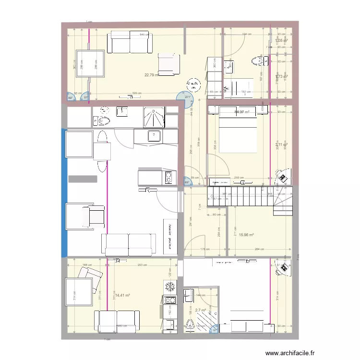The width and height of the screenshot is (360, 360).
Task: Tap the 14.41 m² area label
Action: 123,296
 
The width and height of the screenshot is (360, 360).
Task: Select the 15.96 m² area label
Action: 246,235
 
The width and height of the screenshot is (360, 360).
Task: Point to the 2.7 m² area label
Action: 200,311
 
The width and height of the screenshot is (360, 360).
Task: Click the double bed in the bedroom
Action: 239,130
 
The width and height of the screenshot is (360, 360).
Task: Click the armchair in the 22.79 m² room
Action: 168,64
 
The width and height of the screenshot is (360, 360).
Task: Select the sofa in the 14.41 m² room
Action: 117,321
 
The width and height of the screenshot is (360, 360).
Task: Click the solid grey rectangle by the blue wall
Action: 83,179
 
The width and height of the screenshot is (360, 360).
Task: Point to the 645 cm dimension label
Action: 144,35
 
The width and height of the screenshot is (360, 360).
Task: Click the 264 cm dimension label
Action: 260,249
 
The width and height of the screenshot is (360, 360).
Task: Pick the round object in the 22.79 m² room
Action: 193,85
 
